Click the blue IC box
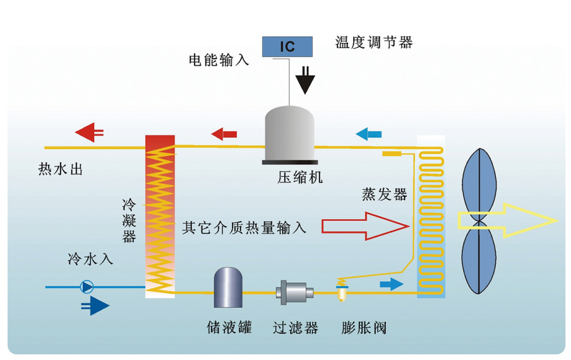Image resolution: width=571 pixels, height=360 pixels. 287,45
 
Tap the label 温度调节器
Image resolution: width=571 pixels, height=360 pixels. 374,42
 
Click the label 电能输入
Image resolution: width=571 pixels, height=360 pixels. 219,61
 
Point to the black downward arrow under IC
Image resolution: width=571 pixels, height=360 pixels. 306,80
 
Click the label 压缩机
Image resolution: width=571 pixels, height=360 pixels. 300,177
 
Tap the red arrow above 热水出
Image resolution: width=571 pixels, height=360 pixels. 90,132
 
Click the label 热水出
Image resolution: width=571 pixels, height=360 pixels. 61,170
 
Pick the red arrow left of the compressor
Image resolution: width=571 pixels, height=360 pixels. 224,133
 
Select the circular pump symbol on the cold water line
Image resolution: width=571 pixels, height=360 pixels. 87,287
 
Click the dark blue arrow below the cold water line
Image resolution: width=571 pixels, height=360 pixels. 95,306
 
